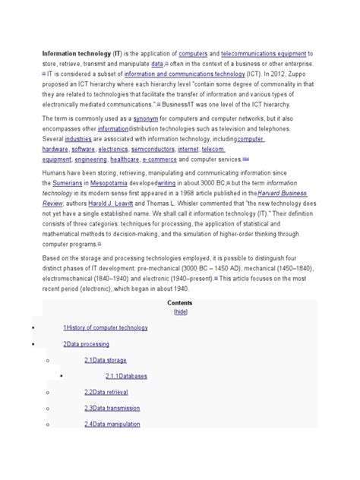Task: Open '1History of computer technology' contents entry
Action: [105, 327]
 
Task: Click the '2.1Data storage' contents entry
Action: [106, 360]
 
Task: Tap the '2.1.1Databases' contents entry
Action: [127, 376]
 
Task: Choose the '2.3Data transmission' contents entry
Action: [113, 408]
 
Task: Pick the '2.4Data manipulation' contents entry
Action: [113, 424]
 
